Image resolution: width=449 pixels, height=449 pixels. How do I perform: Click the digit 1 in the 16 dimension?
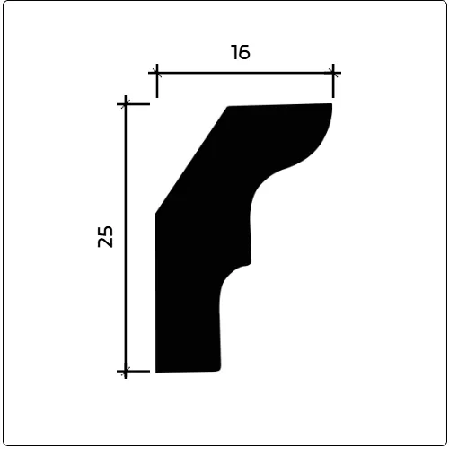pyautogui.click(x=234, y=52)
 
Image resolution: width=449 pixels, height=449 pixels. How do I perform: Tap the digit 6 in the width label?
pyautogui.click(x=244, y=52)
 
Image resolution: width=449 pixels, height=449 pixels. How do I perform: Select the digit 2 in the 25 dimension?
pyautogui.click(x=105, y=242)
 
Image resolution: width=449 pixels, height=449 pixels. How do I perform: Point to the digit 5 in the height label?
pyautogui.click(x=105, y=231)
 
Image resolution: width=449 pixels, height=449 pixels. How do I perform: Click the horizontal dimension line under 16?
pyautogui.click(x=245, y=73)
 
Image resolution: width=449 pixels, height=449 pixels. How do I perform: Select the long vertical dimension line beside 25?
pyautogui.click(x=126, y=237)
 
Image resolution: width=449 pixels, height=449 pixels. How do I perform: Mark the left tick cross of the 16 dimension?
pyautogui.click(x=157, y=73)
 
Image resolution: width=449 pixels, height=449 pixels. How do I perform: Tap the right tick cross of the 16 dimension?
pyautogui.click(x=333, y=73)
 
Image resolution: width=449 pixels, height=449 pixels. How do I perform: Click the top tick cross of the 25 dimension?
pyautogui.click(x=126, y=104)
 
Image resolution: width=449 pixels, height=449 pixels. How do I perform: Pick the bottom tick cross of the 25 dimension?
pyautogui.click(x=126, y=372)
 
